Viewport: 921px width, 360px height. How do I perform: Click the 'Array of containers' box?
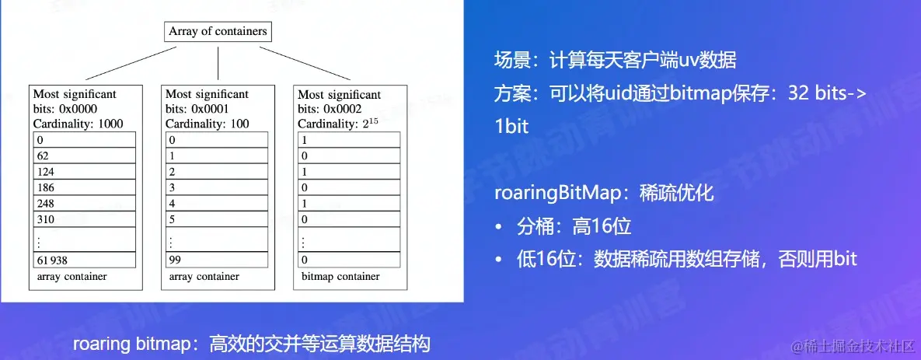coord(218,32)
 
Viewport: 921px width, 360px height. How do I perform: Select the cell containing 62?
coord(85,156)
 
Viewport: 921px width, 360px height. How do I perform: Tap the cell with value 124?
coord(85,171)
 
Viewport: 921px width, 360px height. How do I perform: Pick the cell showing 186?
coord(85,187)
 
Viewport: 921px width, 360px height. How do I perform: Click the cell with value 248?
coord(85,204)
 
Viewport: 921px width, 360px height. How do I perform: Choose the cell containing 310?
coord(85,219)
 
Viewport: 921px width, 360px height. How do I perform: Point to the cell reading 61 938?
coord(85,260)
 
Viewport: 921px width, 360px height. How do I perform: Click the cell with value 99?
coord(217,260)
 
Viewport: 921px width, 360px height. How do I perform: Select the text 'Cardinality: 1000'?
coord(78,123)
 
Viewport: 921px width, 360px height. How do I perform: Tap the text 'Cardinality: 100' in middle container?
coord(208,123)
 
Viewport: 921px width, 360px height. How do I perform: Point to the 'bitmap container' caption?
coord(340,276)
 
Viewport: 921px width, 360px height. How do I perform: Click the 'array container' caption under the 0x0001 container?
coord(204,276)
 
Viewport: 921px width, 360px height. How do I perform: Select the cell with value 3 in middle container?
coord(217,187)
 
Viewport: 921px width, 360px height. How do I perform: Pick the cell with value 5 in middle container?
coord(217,219)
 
